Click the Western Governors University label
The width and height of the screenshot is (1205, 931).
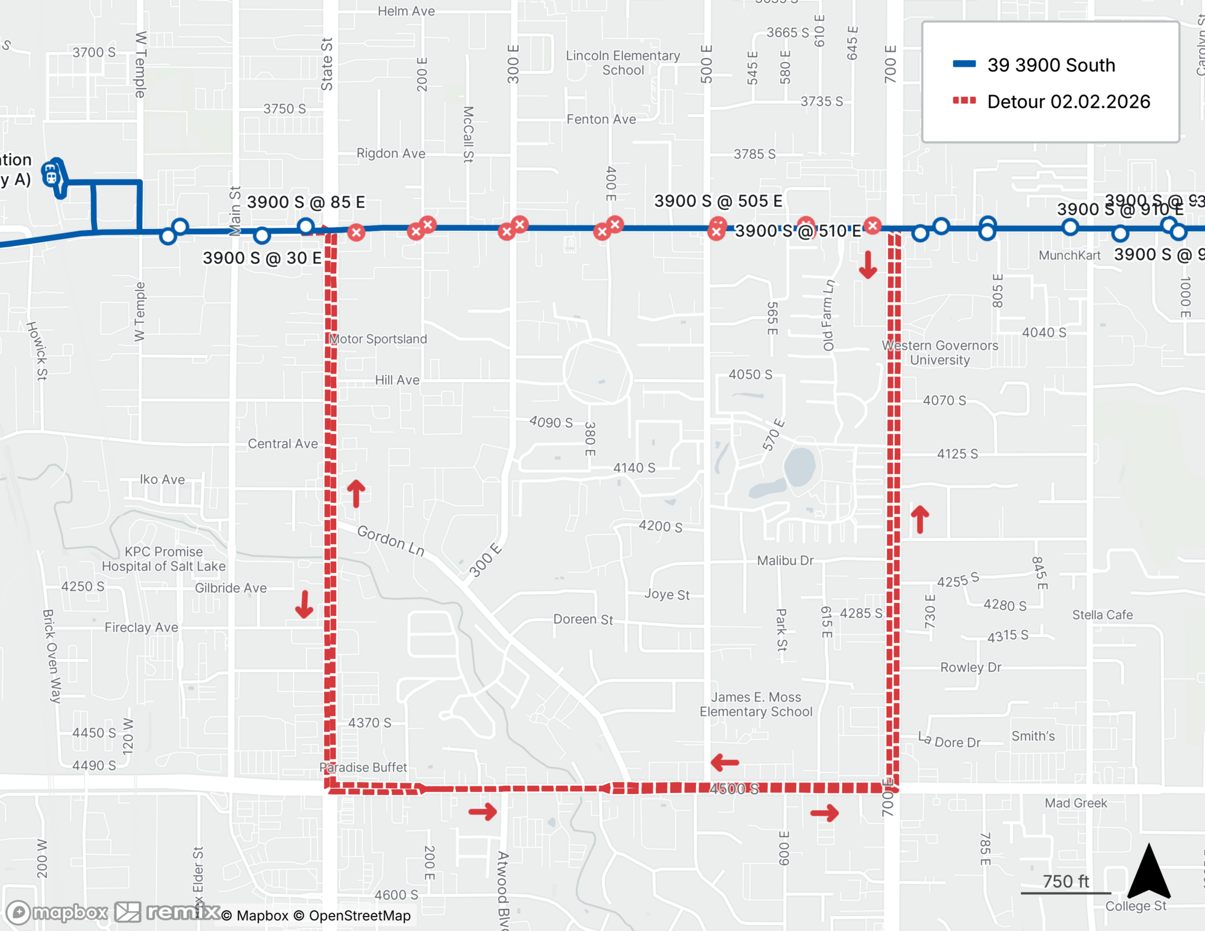[940, 353]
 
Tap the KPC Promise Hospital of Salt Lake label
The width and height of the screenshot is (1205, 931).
[164, 559]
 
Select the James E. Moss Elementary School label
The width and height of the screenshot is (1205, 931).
[756, 704]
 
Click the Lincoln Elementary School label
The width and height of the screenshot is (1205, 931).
[623, 63]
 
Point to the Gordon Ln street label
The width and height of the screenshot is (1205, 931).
[391, 540]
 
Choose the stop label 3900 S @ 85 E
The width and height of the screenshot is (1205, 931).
[306, 202]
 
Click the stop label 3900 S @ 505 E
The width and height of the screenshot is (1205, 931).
[718, 201]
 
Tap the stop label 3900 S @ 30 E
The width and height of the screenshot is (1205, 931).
[261, 258]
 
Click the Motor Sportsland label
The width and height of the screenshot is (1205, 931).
[378, 339]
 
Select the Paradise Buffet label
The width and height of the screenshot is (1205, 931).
[363, 767]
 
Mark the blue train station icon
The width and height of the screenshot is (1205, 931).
[52, 176]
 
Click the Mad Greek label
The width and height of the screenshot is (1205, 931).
[1076, 803]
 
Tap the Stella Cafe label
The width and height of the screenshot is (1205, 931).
[1103, 615]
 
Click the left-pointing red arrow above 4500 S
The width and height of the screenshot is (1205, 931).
[725, 763]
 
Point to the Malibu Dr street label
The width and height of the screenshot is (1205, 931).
[785, 560]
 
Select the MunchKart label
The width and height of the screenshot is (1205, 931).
[1069, 255]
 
